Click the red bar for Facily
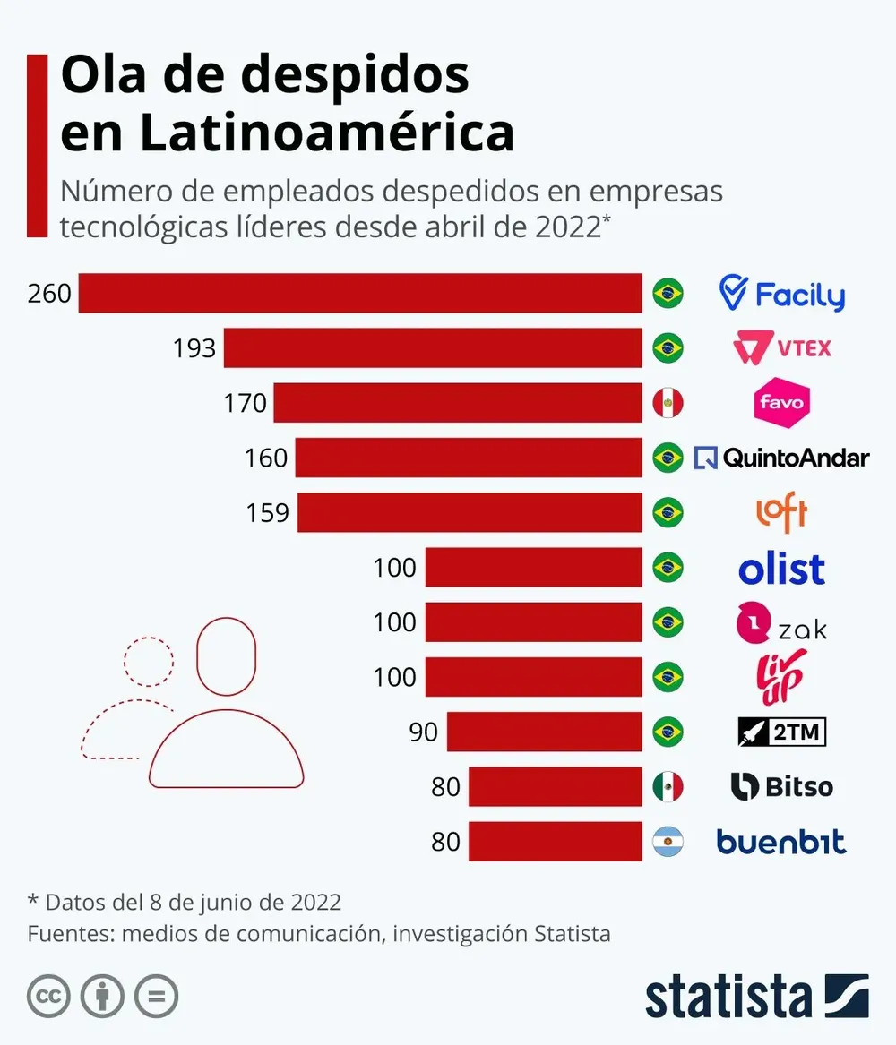pyautogui.click(x=360, y=293)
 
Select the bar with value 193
pyautogui.click(x=433, y=347)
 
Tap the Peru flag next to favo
pyautogui.click(x=668, y=403)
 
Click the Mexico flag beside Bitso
pyautogui.click(x=668, y=787)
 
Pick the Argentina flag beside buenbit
pyautogui.click(x=668, y=842)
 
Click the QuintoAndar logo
pyautogui.click(x=782, y=458)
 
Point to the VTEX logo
pyautogui.click(x=782, y=347)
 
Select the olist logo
pyautogui.click(x=781, y=569)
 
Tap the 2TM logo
pyautogui.click(x=781, y=732)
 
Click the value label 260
pyautogui.click(x=49, y=294)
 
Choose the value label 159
pyautogui.click(x=267, y=513)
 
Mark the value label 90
pyautogui.click(x=423, y=732)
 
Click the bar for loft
pyautogui.click(x=470, y=513)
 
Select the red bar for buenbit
pyautogui.click(x=555, y=842)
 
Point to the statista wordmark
pyautogui.click(x=728, y=996)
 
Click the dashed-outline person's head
pyautogui.click(x=149, y=662)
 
